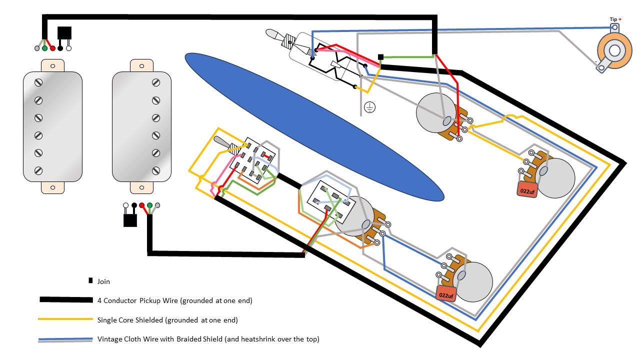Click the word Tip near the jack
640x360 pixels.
click(x=613, y=19)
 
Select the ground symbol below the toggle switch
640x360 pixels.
click(x=369, y=106)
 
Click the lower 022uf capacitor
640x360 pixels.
click(x=446, y=294)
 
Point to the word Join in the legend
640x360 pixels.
click(x=103, y=281)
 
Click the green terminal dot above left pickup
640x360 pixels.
click(x=45, y=48)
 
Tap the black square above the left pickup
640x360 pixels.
click(x=64, y=33)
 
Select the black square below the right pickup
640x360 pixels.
click(x=130, y=220)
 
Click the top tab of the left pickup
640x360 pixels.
click(x=52, y=65)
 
